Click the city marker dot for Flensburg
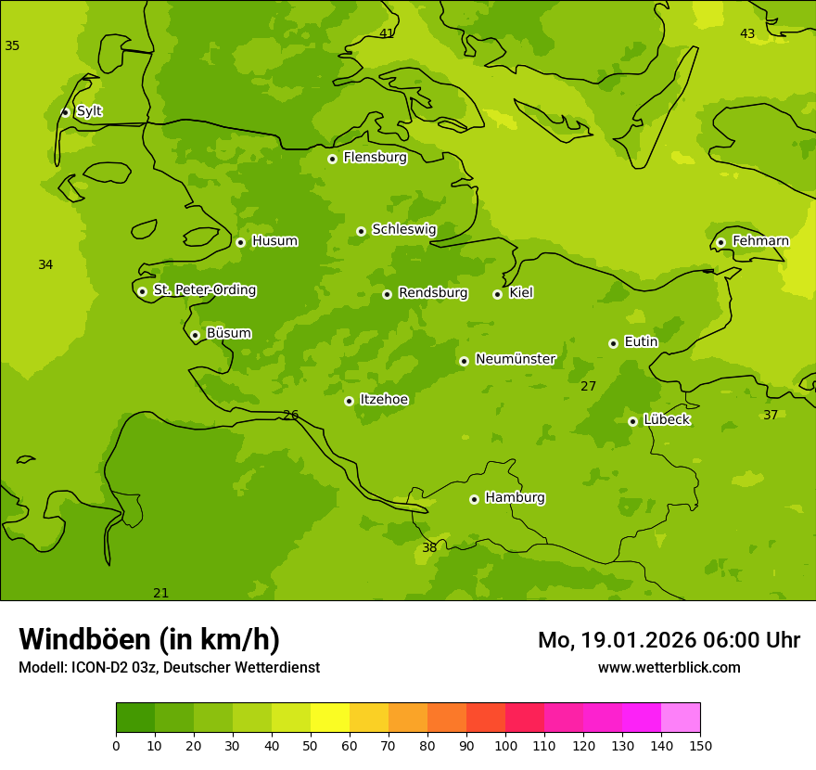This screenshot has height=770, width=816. coord(332,159)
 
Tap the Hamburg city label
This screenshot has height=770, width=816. coord(515,497)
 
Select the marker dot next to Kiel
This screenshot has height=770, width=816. coord(497,294)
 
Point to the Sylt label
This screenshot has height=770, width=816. coord(89,111)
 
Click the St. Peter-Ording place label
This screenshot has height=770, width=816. coord(204,289)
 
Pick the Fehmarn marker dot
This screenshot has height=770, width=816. coord(720,242)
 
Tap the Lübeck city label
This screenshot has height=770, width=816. coord(666,419)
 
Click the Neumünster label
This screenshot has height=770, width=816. coord(515,359)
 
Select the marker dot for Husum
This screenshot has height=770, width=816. coord(240,242)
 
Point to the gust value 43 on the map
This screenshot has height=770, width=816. coord(747,33)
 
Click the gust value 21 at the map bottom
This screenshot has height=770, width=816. coord(161,593)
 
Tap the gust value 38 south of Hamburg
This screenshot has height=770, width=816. coord(429,547)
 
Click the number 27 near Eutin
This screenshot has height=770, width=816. coord(588,386)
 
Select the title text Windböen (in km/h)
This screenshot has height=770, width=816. coord(149,639)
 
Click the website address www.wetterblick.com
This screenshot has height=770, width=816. coord(669,667)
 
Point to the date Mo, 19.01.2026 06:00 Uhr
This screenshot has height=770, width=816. coord(669,640)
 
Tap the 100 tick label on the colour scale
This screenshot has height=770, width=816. coord(505,745)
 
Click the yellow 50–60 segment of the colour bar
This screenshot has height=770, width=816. coord(330,718)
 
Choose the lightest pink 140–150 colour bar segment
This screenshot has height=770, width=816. coord(681,718)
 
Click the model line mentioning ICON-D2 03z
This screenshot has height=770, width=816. coord(169,667)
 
